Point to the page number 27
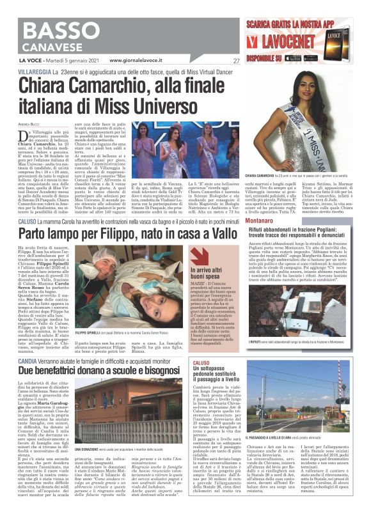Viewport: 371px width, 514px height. [x=235, y=61]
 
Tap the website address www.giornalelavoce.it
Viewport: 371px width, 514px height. [x=139, y=61]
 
